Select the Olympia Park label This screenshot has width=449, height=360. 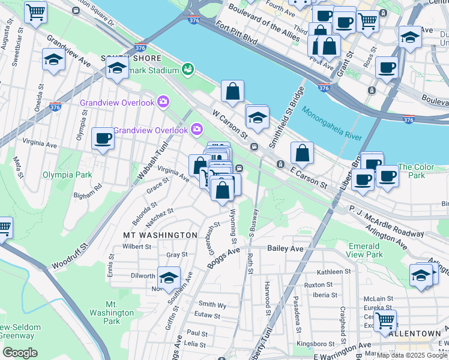coord(67,175)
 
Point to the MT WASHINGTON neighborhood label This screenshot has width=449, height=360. coord(160,235)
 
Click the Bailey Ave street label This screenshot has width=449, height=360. coord(286,248)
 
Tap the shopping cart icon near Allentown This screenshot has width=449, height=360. coord(384,319)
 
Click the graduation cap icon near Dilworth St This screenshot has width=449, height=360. coord(169,277)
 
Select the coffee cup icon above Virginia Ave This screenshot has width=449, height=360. coord(103,139)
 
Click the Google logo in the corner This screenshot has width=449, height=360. coord(19,353)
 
